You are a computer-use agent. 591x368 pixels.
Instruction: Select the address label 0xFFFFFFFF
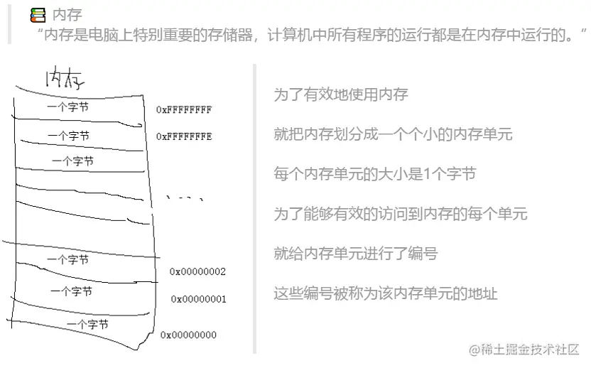(184, 110)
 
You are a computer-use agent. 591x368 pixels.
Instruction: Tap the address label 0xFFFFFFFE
(184, 136)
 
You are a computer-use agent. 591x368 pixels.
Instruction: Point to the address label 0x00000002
(197, 271)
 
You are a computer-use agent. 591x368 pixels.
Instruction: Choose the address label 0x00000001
(198, 299)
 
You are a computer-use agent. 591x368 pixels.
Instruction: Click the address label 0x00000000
(188, 335)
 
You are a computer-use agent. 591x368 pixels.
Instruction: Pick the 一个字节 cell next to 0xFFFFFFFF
(67, 107)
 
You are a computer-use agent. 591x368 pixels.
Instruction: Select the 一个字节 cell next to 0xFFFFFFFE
(69, 135)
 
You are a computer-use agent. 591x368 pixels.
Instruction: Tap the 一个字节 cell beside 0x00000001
(71, 291)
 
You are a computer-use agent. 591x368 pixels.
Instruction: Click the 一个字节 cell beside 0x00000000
(87, 324)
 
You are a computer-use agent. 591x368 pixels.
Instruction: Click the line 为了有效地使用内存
(341, 94)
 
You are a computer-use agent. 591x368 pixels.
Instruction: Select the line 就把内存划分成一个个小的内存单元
(393, 134)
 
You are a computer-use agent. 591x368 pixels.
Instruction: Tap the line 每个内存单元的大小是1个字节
(374, 174)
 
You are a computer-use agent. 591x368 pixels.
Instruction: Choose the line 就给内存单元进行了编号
(355, 253)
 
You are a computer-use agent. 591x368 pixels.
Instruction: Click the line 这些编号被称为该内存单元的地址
(386, 293)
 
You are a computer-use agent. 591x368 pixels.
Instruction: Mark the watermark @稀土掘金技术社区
(524, 349)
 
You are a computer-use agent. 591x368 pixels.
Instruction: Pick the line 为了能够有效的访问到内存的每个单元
(401, 213)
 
